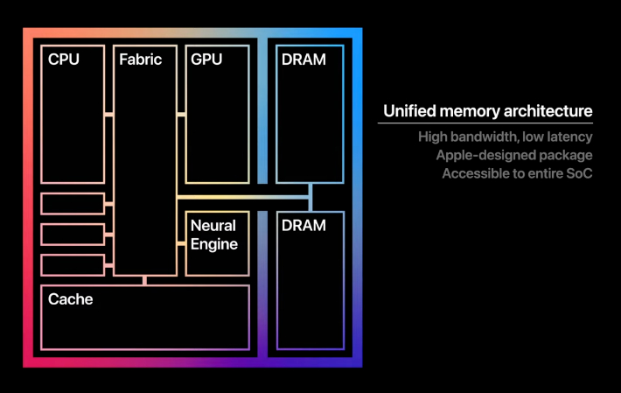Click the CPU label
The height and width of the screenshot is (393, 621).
coord(64,60)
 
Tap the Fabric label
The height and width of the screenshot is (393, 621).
coord(141,60)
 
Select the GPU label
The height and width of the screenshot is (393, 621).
coord(206,60)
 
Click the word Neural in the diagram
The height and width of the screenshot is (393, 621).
coord(213,226)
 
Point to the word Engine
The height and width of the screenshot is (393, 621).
coord(214,244)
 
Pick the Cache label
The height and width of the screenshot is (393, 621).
coord(71,299)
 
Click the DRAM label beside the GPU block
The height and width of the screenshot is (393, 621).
coord(304,60)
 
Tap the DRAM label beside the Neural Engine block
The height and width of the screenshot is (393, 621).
coord(304,226)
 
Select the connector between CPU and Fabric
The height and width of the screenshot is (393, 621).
coord(108,114)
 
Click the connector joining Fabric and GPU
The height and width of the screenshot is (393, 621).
coord(180,114)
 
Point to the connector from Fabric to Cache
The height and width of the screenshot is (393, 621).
coord(144,280)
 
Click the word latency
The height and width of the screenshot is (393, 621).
coord(571,137)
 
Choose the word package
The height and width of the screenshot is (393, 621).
coord(567,156)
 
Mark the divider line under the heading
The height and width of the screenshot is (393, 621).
coord(485,123)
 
